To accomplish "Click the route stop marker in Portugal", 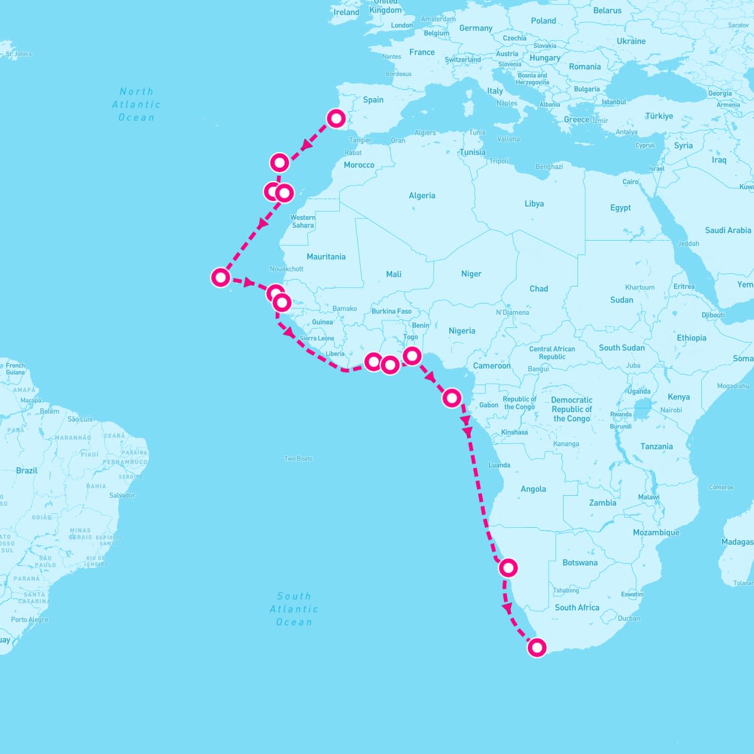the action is pyautogui.click(x=337, y=118).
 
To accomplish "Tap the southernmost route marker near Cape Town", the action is pyautogui.click(x=537, y=647).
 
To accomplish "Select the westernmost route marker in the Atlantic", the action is pyautogui.click(x=221, y=276).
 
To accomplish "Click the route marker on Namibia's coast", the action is pyautogui.click(x=508, y=567).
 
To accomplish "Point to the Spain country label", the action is pyautogui.click(x=373, y=100).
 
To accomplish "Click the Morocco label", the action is pyautogui.click(x=359, y=165).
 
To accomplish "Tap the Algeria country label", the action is pyautogui.click(x=422, y=196).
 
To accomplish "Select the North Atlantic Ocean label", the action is pyautogui.click(x=136, y=104).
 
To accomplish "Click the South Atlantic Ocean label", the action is pyautogui.click(x=294, y=609).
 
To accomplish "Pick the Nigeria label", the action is pyautogui.click(x=462, y=331).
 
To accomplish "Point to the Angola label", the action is pyautogui.click(x=533, y=489).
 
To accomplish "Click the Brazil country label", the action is pyautogui.click(x=27, y=471).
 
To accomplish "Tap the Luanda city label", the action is pyautogui.click(x=500, y=465).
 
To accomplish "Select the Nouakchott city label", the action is pyautogui.click(x=287, y=269).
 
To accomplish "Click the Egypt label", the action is pyautogui.click(x=620, y=208).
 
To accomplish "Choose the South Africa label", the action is pyautogui.click(x=577, y=608).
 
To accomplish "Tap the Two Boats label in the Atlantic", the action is pyautogui.click(x=298, y=459).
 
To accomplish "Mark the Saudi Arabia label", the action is pyautogui.click(x=728, y=231).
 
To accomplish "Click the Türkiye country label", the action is pyautogui.click(x=659, y=116).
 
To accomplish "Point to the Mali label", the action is pyautogui.click(x=394, y=274).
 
